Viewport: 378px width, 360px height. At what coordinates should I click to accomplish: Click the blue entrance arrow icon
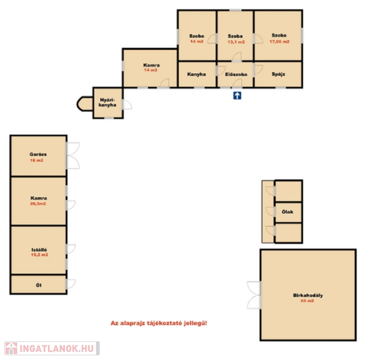pos(237,96)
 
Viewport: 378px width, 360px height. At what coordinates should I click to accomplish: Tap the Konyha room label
pos(196,75)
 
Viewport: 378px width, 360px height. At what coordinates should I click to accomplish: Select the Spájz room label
pos(278,75)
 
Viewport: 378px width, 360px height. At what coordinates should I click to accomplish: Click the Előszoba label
pos(236,75)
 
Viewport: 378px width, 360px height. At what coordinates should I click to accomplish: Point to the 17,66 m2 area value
pos(280,42)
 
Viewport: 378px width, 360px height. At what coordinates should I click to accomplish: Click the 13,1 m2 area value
pos(236,42)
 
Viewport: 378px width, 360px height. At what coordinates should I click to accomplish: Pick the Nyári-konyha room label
pos(108,103)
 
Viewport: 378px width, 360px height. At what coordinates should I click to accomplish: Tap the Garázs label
pos(38,154)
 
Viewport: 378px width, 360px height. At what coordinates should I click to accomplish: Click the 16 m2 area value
pos(37,160)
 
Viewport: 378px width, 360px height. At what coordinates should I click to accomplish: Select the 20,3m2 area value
pos(38,203)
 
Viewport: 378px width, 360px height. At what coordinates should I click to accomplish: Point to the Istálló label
pos(39,250)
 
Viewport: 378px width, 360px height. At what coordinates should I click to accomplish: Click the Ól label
pos(38,285)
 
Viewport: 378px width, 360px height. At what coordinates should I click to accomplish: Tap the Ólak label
pos(288,212)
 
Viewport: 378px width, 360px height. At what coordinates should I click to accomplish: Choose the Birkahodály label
pos(308,295)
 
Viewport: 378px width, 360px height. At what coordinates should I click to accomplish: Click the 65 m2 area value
pos(307,301)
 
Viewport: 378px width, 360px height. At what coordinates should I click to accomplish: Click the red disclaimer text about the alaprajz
pos(159,323)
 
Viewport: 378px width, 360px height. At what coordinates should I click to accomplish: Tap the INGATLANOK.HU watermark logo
pos(52,348)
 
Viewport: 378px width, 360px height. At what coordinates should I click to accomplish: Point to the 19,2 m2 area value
pos(39,255)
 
